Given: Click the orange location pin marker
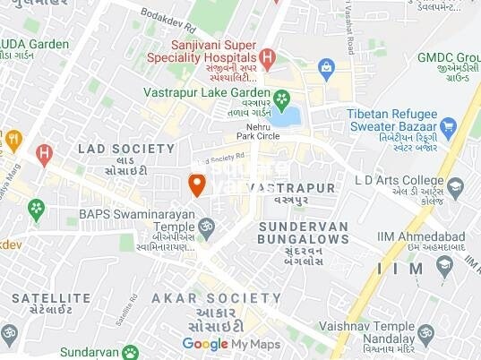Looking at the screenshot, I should point(197,184).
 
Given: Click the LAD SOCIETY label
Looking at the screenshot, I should point(125,148).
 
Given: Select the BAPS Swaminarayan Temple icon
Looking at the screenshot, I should point(206,227).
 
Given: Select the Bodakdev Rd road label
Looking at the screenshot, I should point(171,15).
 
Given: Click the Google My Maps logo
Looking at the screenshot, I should point(231,343).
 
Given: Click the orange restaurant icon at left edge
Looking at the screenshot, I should point(13,140).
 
